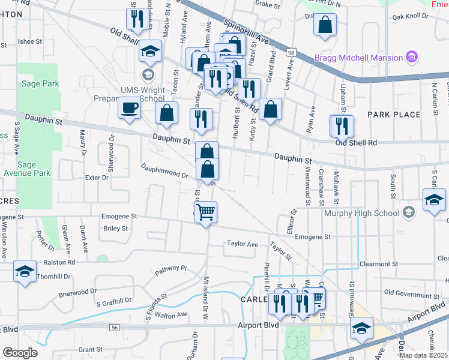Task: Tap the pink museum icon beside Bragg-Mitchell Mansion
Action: click(x=412, y=58)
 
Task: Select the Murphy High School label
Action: click(x=363, y=213)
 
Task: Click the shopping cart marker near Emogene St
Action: click(x=206, y=212)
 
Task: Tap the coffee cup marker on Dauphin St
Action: click(x=129, y=109)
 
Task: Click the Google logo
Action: click(x=20, y=352)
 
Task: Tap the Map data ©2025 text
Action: click(x=423, y=355)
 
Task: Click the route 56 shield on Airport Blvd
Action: click(x=113, y=327)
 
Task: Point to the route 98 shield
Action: click(x=291, y=53)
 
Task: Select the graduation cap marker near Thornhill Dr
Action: click(x=25, y=272)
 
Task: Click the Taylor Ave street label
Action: click(x=242, y=244)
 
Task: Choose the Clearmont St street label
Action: click(x=379, y=263)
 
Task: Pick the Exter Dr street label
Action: click(x=97, y=178)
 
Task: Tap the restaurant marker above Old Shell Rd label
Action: click(x=342, y=125)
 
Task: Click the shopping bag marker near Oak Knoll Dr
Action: click(x=325, y=25)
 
